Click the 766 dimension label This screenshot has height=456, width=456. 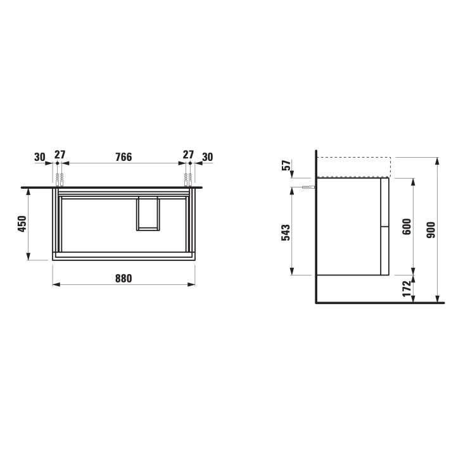(x=123, y=157)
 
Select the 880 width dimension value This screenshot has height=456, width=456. (x=123, y=278)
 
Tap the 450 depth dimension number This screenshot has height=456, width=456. (x=22, y=224)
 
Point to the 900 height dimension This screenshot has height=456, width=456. (x=431, y=230)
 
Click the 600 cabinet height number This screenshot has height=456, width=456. (x=407, y=227)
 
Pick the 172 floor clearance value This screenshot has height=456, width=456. (x=407, y=289)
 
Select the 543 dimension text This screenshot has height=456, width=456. (x=286, y=232)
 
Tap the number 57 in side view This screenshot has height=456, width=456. (x=286, y=165)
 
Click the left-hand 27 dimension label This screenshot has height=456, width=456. (x=60, y=155)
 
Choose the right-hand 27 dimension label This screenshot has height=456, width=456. (x=188, y=155)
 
